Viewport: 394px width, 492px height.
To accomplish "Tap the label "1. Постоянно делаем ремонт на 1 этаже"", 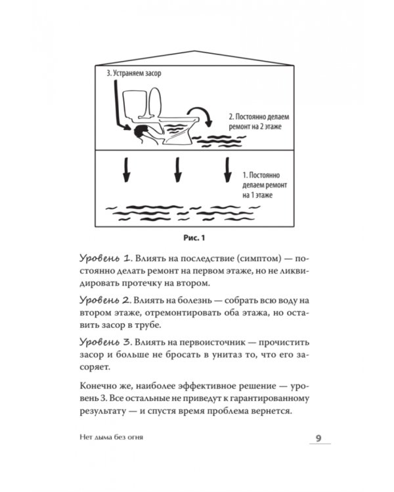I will [x=262, y=185].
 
